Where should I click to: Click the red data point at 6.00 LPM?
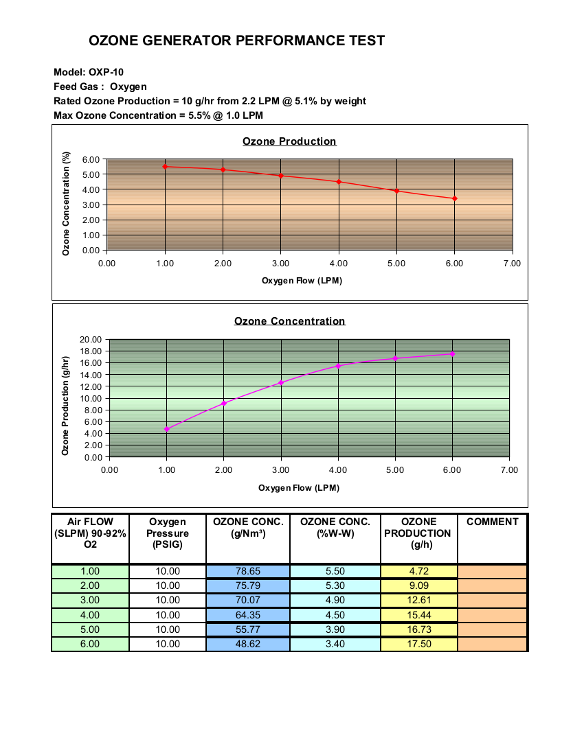pyautogui.click(x=454, y=198)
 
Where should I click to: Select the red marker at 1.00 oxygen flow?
pyautogui.click(x=166, y=167)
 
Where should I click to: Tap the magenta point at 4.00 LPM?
pyautogui.click(x=338, y=366)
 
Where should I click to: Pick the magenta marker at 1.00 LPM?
pyautogui.click(x=167, y=429)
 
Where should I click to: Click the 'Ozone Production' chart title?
pyautogui.click(x=289, y=141)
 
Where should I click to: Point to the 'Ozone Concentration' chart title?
pyautogui.click(x=289, y=321)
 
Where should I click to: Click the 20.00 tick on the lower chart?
pyautogui.click(x=91, y=340)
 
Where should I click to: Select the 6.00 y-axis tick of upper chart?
pyautogui.click(x=91, y=159)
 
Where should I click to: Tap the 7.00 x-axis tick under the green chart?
pyautogui.click(x=509, y=470)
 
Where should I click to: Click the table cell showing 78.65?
pyautogui.click(x=247, y=571)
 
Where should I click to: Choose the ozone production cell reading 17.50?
pyautogui.click(x=419, y=644)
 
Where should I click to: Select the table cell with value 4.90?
pyautogui.click(x=335, y=600)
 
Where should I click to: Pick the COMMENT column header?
pyautogui.click(x=493, y=522)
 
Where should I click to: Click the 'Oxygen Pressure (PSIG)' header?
pyautogui.click(x=167, y=533)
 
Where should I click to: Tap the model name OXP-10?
pyautogui.click(x=106, y=72)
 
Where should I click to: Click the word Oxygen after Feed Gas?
pyautogui.click(x=128, y=86)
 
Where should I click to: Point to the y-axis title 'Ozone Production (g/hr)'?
pyautogui.click(x=65, y=406)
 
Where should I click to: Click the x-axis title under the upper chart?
pyautogui.click(x=302, y=280)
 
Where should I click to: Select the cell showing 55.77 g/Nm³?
pyautogui.click(x=247, y=629)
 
